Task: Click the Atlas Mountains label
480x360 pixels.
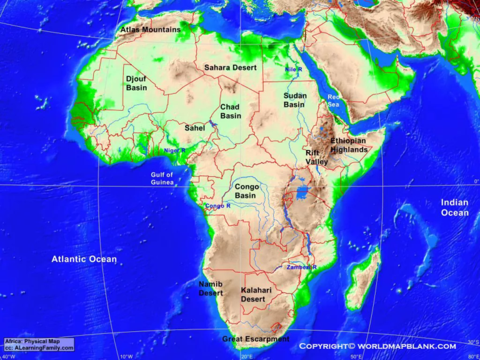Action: tap(150, 29)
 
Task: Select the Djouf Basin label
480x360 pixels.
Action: tap(136, 83)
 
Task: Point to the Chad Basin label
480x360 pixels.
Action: tap(230, 111)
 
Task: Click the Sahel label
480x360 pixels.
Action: tap(194, 127)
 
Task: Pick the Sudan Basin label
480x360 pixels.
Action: tap(294, 100)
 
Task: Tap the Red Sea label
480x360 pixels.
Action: tap(334, 101)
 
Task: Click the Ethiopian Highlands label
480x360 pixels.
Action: tap(349, 145)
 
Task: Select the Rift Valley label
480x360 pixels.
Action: tap(316, 157)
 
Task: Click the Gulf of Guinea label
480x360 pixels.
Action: tap(162, 179)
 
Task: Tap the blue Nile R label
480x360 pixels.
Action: tap(293, 69)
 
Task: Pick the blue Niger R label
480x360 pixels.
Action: tap(174, 151)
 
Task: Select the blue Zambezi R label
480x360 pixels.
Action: tap(302, 267)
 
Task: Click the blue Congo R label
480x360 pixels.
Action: tap(217, 206)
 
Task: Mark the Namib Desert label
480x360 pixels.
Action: tap(211, 288)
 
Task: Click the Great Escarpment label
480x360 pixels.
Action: tap(256, 339)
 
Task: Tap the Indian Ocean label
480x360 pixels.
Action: tap(454, 207)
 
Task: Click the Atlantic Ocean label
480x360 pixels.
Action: tap(84, 259)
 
